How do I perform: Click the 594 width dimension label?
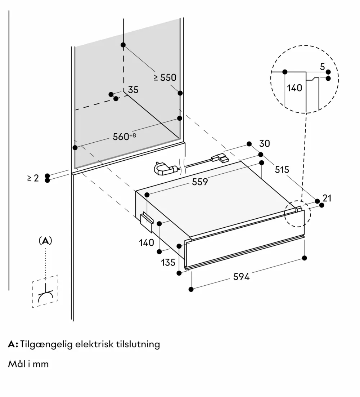point(241,277)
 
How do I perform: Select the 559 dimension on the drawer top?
point(200,182)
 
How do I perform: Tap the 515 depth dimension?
point(282,169)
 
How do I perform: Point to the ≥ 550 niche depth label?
point(165,77)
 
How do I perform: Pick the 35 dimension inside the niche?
point(133,90)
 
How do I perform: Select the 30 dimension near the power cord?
point(265,143)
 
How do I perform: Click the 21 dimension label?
point(327,198)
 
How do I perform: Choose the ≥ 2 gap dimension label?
point(33,178)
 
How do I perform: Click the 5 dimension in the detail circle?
point(322,66)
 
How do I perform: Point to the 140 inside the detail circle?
point(295,88)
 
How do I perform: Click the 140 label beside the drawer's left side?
point(147,242)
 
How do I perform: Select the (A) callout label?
point(45,241)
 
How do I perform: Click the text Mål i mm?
point(28,364)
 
